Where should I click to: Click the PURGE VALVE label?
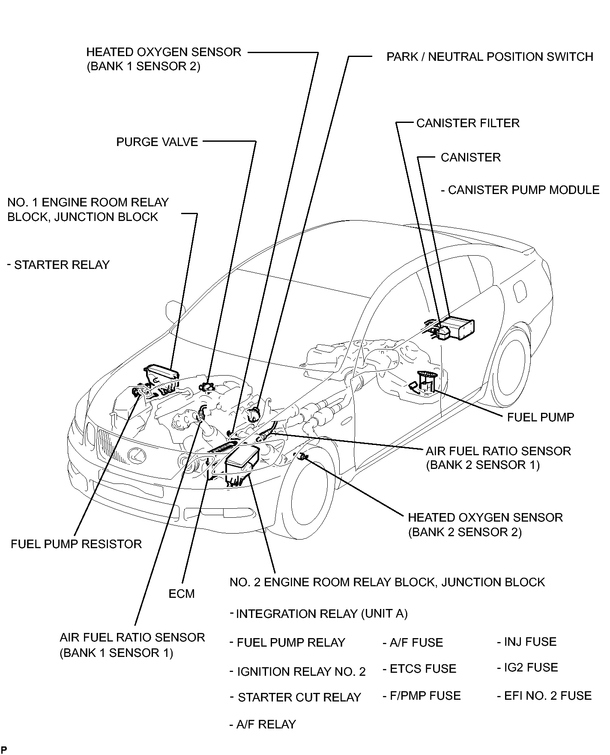[157, 142]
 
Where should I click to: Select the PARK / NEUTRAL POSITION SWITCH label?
[489, 57]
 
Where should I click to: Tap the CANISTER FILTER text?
[467, 123]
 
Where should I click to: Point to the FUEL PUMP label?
[540, 418]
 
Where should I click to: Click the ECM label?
[182, 594]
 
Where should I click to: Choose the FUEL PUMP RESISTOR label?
[76, 544]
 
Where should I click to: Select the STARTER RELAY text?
[61, 265]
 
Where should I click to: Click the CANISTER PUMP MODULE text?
[523, 190]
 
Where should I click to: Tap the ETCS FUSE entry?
[422, 669]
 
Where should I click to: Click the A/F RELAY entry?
[266, 725]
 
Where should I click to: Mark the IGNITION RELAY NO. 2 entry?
[301, 672]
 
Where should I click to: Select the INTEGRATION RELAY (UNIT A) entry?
[321, 614]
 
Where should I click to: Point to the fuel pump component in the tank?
[424, 382]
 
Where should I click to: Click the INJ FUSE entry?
[530, 642]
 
